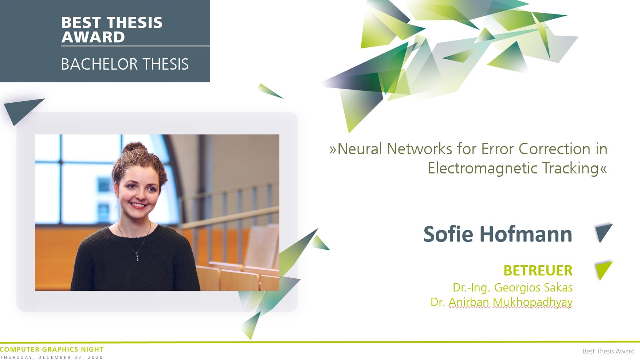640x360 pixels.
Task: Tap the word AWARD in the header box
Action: (x=93, y=37)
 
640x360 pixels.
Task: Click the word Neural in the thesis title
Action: (x=360, y=149)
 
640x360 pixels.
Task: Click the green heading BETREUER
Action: (x=538, y=271)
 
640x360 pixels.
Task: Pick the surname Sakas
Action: (x=558, y=287)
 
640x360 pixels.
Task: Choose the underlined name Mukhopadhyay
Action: (x=533, y=302)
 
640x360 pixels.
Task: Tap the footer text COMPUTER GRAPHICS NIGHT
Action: (x=52, y=349)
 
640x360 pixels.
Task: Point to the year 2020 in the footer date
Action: (x=95, y=357)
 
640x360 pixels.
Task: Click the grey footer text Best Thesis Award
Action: (x=608, y=351)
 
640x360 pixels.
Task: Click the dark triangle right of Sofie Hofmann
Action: (x=603, y=232)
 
